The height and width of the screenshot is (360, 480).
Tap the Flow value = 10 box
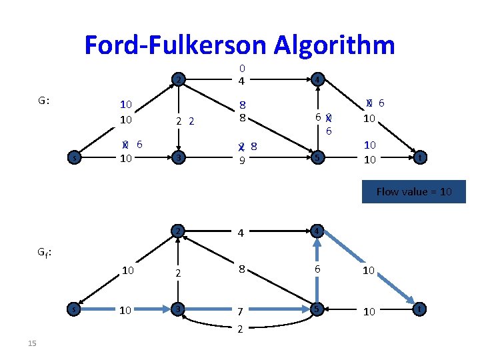(x=413, y=191)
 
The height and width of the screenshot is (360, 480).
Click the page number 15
(x=32, y=343)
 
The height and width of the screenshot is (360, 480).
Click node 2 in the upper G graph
(x=177, y=80)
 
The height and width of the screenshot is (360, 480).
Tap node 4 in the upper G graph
(x=317, y=80)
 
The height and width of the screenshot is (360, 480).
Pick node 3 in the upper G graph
(x=177, y=158)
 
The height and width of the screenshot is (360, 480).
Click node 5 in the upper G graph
(x=317, y=158)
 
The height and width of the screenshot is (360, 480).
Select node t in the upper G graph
(x=419, y=158)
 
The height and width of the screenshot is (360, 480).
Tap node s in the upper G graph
(x=75, y=158)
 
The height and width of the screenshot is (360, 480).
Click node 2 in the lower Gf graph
(x=177, y=231)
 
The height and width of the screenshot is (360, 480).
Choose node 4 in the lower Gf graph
(x=317, y=231)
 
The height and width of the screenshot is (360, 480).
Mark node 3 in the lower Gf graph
(x=177, y=309)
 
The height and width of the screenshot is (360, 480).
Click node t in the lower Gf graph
(x=419, y=309)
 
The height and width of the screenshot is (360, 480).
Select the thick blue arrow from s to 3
(x=127, y=309)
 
